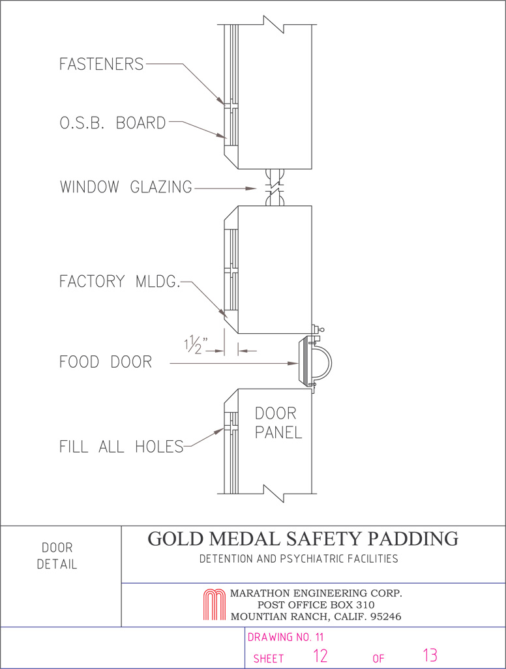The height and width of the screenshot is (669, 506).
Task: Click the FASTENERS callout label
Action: coord(102,64)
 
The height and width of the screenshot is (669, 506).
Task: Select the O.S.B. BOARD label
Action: coord(113,123)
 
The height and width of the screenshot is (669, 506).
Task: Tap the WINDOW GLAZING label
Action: coord(126,187)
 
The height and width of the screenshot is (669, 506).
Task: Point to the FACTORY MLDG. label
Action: coord(119,282)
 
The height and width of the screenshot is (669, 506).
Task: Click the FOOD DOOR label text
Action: coord(106,362)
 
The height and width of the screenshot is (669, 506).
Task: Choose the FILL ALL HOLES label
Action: coord(121,447)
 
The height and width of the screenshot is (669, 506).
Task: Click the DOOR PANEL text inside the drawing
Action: coord(278,423)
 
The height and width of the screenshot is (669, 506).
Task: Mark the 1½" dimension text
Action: coord(196,345)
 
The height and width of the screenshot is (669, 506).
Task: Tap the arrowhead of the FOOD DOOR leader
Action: coord(294,363)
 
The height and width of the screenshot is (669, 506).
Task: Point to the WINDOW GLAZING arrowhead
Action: coord(252,188)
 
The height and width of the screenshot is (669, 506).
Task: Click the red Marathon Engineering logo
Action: coord(214,604)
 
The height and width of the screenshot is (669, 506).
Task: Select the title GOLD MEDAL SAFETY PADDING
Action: coord(303,539)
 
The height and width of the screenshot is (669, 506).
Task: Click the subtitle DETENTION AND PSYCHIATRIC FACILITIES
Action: coord(299,559)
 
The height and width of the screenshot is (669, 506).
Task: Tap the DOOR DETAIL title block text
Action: coord(57,556)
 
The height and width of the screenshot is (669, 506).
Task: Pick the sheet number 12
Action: coord(320,655)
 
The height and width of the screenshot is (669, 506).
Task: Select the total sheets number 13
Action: coord(430,655)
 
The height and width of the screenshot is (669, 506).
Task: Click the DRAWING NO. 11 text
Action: coord(286,638)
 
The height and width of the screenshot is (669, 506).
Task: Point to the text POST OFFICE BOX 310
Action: coord(316,604)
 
